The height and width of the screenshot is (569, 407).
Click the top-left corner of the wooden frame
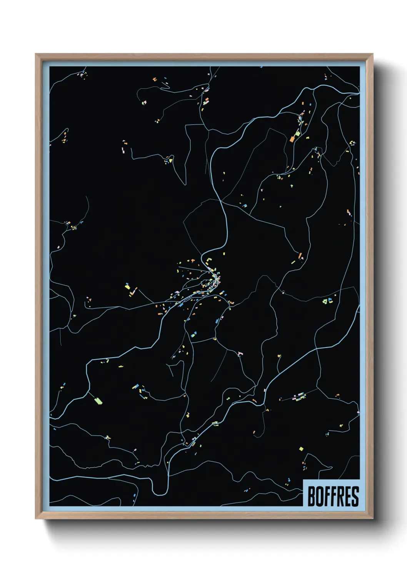click(36, 54)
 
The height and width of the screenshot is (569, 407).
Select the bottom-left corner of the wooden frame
click(36, 519)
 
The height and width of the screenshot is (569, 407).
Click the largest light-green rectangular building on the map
click(98, 401)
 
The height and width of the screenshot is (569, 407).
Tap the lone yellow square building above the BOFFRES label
click(301, 449)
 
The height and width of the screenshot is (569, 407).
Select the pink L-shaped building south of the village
click(240, 353)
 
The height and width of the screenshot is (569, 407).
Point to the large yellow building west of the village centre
click(127, 286)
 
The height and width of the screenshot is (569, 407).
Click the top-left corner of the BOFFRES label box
click(303, 480)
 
